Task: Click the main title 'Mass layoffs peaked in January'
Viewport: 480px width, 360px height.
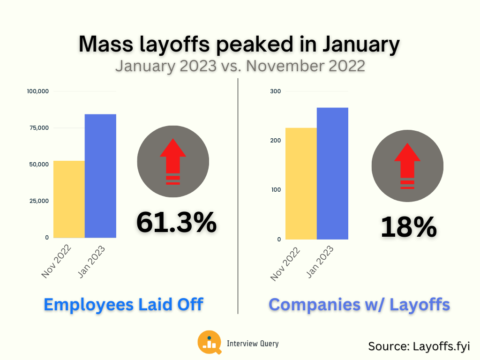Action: (x=240, y=45)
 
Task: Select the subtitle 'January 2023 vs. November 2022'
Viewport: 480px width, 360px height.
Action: (x=240, y=65)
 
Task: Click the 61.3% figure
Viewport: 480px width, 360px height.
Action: (x=176, y=222)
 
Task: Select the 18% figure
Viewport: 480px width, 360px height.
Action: (x=408, y=227)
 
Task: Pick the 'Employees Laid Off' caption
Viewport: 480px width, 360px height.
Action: (x=123, y=304)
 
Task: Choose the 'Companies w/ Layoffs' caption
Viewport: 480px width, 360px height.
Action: (x=359, y=304)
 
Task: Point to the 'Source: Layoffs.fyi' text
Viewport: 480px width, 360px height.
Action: (x=419, y=346)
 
